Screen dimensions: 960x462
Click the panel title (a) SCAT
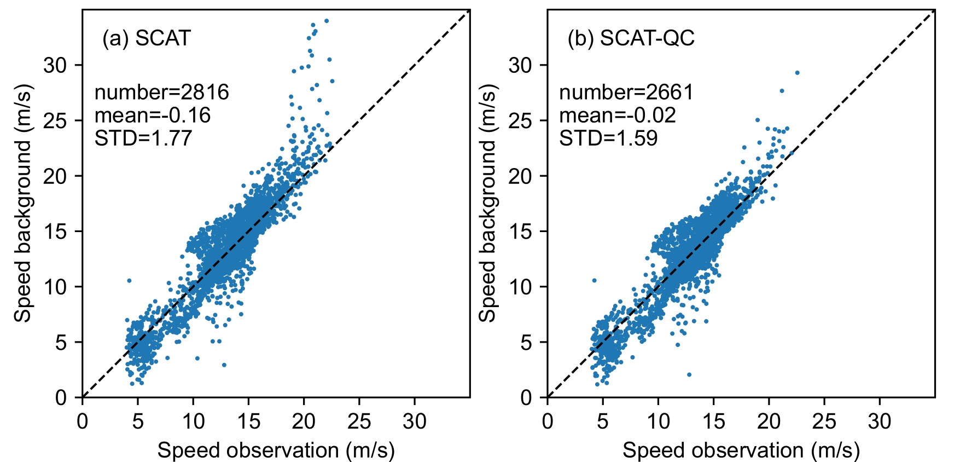coord(146,38)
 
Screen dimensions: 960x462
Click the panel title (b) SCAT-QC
coord(631,38)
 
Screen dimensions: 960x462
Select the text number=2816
coord(161,92)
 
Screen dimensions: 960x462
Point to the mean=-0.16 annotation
coord(153,115)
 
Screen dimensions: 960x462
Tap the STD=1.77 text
coord(143,138)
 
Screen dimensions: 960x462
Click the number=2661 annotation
coord(626,92)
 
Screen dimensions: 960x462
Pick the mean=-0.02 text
coord(618,115)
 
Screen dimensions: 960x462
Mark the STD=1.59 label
coord(608,138)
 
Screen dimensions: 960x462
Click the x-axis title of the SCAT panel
coord(276,450)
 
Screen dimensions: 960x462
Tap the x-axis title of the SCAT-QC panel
coord(741,450)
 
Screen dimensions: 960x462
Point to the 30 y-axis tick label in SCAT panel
coord(55,65)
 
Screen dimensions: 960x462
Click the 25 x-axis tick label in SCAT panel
coord(359,421)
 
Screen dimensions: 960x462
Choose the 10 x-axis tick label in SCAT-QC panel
coord(658,421)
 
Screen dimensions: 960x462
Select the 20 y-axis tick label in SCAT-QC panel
coord(520,176)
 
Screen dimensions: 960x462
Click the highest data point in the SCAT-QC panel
coord(797,72)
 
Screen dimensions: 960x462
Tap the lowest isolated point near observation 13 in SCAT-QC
coord(689,374)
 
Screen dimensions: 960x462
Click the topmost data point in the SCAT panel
coord(327,21)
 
